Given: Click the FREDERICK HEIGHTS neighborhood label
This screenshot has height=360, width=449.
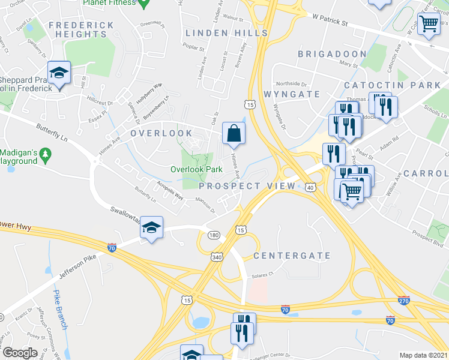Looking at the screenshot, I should pyautogui.click(x=81, y=29).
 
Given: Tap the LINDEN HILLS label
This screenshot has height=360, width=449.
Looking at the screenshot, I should pyautogui.click(x=226, y=32).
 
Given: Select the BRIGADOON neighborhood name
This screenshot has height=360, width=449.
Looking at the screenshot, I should pyautogui.click(x=332, y=54).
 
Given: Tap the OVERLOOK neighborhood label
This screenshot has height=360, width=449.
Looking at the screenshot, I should pyautogui.click(x=161, y=133).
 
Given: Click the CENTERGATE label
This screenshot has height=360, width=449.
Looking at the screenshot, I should pyautogui.click(x=292, y=256).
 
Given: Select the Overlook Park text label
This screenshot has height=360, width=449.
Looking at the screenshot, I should pyautogui.click(x=196, y=170).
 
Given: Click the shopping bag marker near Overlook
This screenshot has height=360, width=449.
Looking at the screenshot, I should pyautogui.click(x=234, y=133).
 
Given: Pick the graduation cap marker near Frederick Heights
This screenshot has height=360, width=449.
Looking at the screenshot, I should pyautogui.click(x=59, y=73).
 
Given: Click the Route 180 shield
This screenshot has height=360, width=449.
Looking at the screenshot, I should pyautogui.click(x=213, y=235).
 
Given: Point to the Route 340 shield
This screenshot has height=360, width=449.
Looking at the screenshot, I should pyautogui.click(x=217, y=256).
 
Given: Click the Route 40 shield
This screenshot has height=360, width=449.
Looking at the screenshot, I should pyautogui.click(x=310, y=187).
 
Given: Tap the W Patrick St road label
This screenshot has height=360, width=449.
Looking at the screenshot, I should pyautogui.click(x=330, y=22).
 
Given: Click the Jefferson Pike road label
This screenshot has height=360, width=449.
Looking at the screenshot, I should pyautogui.click(x=79, y=263).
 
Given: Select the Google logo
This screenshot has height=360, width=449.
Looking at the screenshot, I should pyautogui.click(x=20, y=353).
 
